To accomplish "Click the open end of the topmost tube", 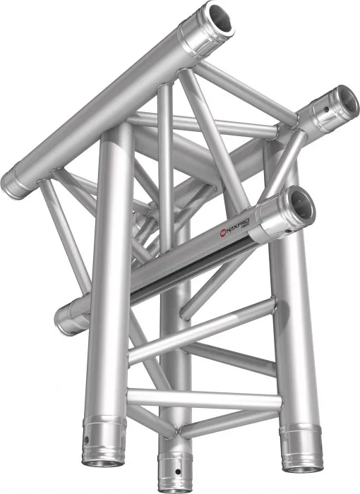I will [x=220, y=20].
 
